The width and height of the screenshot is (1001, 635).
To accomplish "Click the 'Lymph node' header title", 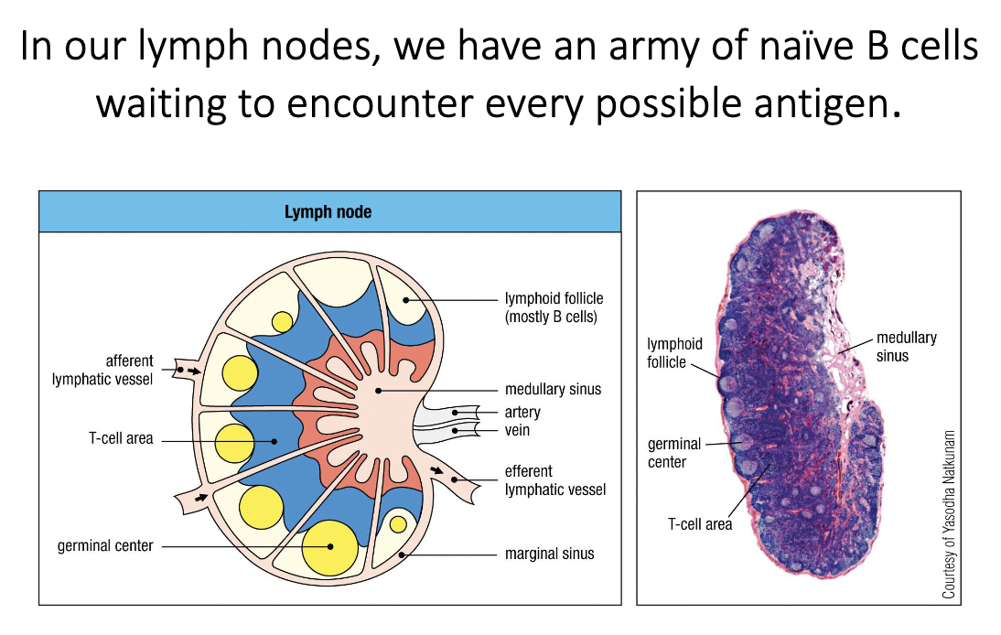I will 328,212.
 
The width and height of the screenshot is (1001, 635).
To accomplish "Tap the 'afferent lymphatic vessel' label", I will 103,370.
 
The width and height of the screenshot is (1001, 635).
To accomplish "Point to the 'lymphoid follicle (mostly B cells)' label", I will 554,307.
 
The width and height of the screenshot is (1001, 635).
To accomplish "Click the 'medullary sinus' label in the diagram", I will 553,389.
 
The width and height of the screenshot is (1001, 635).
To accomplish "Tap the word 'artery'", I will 522,413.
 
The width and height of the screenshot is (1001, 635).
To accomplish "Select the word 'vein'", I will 517,430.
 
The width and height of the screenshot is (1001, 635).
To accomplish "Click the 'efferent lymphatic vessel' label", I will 554,480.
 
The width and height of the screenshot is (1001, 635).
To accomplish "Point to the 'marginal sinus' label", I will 549,554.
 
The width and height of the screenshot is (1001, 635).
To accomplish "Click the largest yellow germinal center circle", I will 329,546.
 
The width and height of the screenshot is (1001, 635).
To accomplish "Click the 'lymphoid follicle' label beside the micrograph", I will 674,352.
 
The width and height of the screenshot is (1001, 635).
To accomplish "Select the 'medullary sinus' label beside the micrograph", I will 906,347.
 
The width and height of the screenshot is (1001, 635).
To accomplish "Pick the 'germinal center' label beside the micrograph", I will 673,453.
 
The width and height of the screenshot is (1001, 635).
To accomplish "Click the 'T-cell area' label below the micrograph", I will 700,525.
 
